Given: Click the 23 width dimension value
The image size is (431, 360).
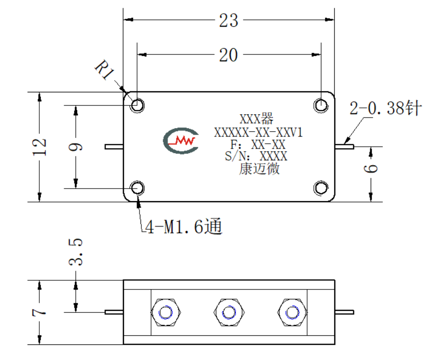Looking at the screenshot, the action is [228, 20].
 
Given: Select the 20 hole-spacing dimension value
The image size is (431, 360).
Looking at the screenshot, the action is [228, 55].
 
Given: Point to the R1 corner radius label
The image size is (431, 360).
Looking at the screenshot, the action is [104, 70].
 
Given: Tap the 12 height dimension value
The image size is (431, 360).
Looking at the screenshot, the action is [39, 147].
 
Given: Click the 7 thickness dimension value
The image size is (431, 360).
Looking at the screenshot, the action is [39, 312].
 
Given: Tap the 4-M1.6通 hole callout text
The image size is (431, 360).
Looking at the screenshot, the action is [184, 227].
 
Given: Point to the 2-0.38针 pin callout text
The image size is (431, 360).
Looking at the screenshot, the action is [386, 108].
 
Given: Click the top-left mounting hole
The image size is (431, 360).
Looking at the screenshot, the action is [137, 105].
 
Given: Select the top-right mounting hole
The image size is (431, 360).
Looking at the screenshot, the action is [321, 105].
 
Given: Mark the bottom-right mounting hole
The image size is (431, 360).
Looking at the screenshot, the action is [321, 188].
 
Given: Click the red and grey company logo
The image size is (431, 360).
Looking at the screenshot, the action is [181, 140].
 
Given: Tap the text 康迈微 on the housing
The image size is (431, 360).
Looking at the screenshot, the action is [259, 169].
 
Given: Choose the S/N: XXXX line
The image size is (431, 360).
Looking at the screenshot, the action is [256, 156].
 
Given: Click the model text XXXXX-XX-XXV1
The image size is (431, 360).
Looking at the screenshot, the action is [259, 133].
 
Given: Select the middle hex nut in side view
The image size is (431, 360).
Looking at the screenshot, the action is [229, 312].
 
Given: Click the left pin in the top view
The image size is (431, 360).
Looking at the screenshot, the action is [114, 147].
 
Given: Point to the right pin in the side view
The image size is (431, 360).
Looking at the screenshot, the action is [345, 312].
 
